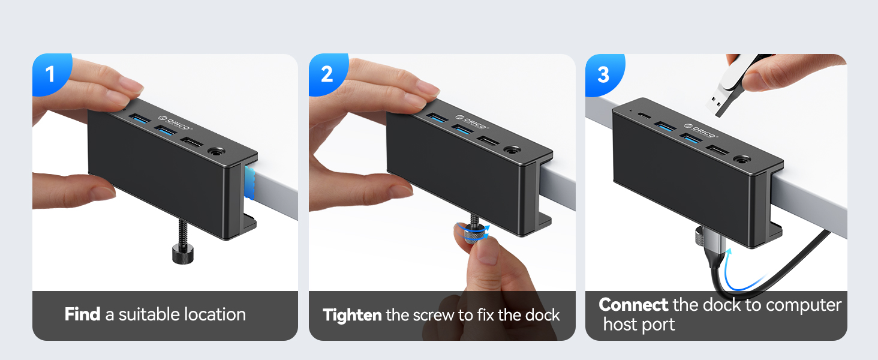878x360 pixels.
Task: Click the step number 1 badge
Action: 50,74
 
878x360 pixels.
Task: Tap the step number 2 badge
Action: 327,74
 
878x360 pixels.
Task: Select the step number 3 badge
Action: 603,74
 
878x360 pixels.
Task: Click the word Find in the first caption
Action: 82,314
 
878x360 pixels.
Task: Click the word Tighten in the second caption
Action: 352,315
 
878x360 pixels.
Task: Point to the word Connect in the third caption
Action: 633,305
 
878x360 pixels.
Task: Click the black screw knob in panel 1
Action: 182,255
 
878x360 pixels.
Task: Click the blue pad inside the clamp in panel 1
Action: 251,183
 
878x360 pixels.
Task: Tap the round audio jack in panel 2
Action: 512,152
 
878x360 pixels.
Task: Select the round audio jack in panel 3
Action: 742,160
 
